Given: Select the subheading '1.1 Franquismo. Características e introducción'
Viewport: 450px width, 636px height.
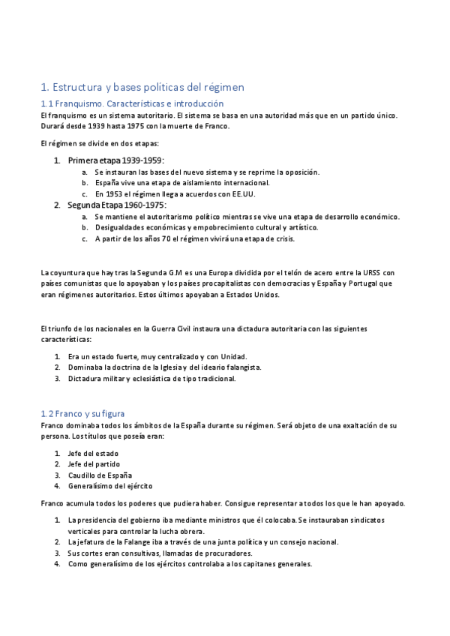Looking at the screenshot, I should coord(132,103).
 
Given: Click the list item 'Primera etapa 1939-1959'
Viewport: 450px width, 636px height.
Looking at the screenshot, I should coord(115,160).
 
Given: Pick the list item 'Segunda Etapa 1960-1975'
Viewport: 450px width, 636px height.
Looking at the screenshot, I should coord(117,205).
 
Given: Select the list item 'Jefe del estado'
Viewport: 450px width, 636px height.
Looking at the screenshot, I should coord(93,453).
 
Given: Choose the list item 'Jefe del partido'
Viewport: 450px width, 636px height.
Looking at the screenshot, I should coord(94,464).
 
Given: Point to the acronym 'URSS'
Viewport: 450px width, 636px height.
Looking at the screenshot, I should coord(373,272).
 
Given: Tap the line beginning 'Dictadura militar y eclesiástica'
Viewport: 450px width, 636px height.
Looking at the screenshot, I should coord(151,379).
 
